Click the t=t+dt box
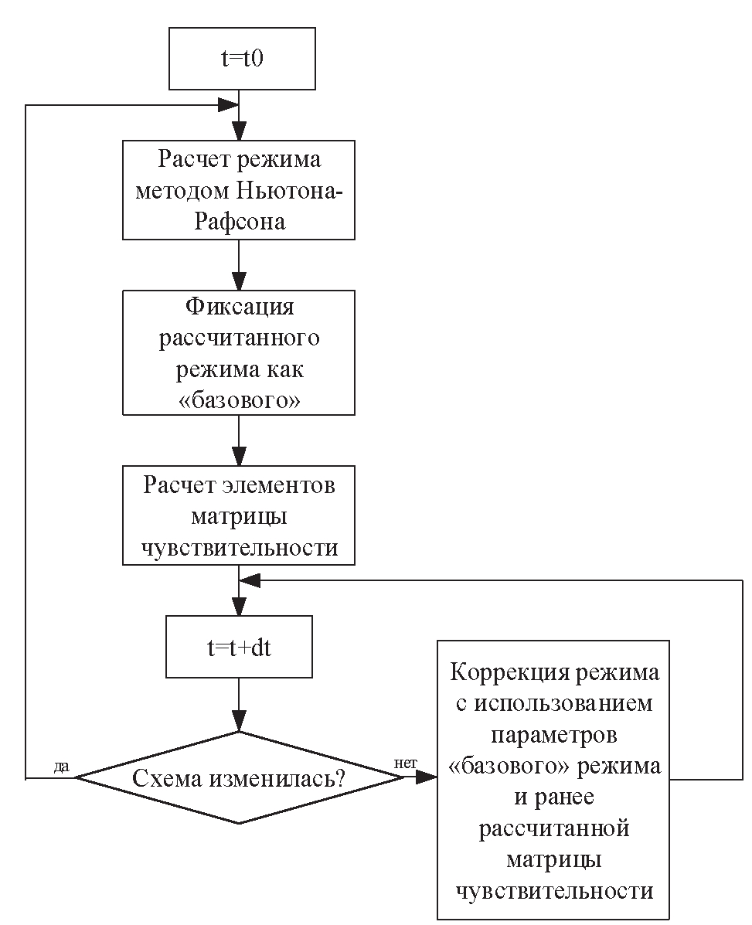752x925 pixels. tap(239, 648)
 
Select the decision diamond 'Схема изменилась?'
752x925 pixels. tap(239, 778)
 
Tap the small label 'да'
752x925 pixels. tap(62, 767)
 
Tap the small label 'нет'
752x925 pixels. tap(406, 763)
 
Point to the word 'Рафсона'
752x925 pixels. tap(239, 221)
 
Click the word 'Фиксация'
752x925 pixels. tap(239, 306)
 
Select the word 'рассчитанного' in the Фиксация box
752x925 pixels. tap(239, 338)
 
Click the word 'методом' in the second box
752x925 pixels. tap(179, 191)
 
